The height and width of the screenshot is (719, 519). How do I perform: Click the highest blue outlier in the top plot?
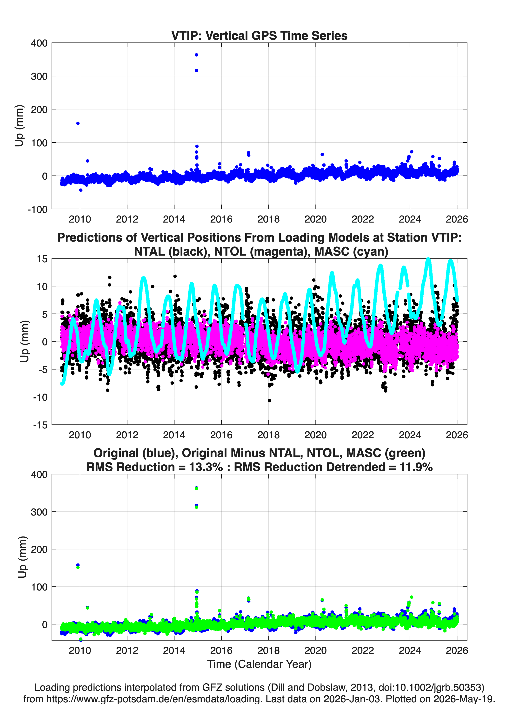pyautogui.click(x=196, y=55)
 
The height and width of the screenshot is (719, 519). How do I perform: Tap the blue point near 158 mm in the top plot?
pyautogui.click(x=78, y=123)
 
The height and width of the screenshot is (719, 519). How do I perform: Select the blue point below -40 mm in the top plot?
pyautogui.click(x=81, y=190)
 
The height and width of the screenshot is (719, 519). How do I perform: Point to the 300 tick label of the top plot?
pyautogui.click(x=39, y=76)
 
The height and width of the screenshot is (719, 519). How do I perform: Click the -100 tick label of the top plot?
pyautogui.click(x=37, y=210)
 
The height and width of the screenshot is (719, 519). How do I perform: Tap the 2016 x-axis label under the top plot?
pyautogui.click(x=221, y=219)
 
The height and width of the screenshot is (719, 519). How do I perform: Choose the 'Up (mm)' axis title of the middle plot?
pyautogui.click(x=24, y=341)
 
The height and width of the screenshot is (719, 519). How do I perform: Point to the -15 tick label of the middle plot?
pyautogui.click(x=40, y=425)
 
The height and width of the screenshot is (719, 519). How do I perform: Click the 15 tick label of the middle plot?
pyautogui.click(x=42, y=259)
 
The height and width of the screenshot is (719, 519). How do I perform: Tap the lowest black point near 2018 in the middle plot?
pyautogui.click(x=270, y=401)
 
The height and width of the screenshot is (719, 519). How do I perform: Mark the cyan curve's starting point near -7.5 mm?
pyautogui.click(x=62, y=384)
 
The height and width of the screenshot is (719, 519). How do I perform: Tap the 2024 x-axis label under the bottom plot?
pyautogui.click(x=410, y=651)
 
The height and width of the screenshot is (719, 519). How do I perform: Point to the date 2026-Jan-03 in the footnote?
pyautogui.click(x=352, y=699)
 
